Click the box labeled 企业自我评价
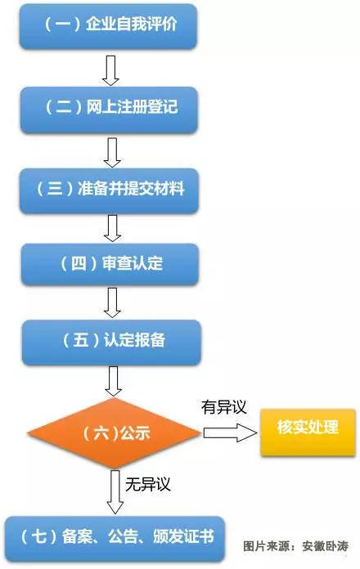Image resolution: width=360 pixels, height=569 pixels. (108, 26)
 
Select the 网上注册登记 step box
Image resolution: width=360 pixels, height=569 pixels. (109, 109)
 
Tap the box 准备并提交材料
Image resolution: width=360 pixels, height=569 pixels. (110, 190)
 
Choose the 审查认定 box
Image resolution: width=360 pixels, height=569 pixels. (110, 264)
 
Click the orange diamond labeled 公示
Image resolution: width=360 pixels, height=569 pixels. (114, 432)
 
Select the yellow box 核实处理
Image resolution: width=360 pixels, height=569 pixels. (308, 432)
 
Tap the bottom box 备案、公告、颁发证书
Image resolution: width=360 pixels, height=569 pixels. (115, 539)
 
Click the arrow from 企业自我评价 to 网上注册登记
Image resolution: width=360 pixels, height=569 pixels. (110, 70)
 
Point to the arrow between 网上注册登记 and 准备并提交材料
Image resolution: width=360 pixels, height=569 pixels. (112, 152)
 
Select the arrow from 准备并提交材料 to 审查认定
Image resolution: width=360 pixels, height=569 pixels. (112, 228)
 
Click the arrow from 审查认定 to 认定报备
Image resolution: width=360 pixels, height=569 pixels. (112, 302)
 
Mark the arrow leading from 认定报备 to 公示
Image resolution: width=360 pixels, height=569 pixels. (114, 381)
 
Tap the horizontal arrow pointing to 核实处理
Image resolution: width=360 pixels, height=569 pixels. (230, 432)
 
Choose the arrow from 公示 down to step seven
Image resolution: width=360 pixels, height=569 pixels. (115, 492)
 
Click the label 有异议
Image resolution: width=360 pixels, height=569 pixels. (224, 407)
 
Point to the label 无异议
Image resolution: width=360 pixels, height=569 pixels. (148, 484)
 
